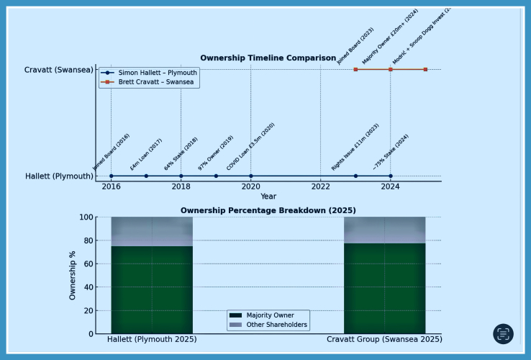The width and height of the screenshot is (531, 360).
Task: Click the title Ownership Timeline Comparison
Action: pyautogui.click(x=268, y=58)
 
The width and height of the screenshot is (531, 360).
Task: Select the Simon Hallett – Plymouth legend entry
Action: pyautogui.click(x=157, y=73)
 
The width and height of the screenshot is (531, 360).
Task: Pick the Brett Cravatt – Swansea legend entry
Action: pyautogui.click(x=157, y=82)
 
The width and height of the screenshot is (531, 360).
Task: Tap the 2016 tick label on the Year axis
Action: pyautogui.click(x=111, y=187)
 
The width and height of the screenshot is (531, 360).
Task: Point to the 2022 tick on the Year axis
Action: pyautogui.click(x=321, y=187)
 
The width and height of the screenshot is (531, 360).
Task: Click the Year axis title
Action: pyautogui.click(x=268, y=197)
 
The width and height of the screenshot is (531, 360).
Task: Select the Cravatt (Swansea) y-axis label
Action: pyautogui.click(x=58, y=70)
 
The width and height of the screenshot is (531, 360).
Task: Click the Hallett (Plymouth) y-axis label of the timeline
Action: pyautogui.click(x=59, y=176)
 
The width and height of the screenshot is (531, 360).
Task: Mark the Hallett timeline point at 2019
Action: pyautogui.click(x=216, y=176)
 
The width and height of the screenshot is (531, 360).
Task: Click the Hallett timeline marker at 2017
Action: pyautogui.click(x=146, y=176)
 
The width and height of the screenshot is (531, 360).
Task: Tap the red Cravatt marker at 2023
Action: pyautogui.click(x=355, y=69)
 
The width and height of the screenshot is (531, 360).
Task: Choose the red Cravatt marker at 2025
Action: pyautogui.click(x=425, y=69)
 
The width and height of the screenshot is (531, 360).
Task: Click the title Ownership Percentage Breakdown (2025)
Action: pyautogui.click(x=268, y=210)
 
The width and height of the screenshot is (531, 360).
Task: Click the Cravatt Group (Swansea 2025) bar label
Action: pyautogui.click(x=384, y=339)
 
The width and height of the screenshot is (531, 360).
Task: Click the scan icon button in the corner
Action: pyautogui.click(x=503, y=334)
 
